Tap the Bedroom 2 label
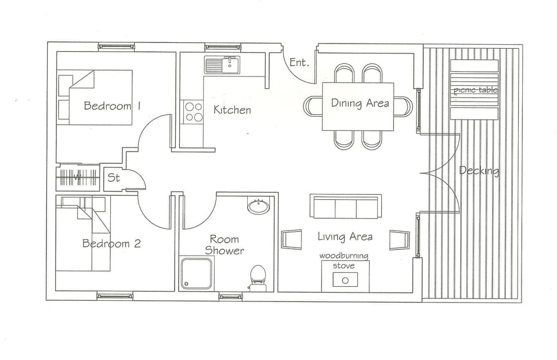coord(111,243)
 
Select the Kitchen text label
coord(232,110)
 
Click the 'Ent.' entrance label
coord(299,62)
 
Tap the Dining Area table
coord(358,106)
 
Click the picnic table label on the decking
coord(475,90)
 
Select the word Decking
coord(479,171)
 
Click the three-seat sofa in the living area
coord(345,207)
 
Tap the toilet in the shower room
coord(258,277)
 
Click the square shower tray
coord(196,273)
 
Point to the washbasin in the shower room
coord(258,206)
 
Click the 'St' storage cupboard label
coord(114,178)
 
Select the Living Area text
coord(345,236)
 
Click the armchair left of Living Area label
coord(291,239)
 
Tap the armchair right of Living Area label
coord(399,239)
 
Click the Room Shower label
coord(224,245)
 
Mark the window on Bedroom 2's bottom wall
coord(114,296)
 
